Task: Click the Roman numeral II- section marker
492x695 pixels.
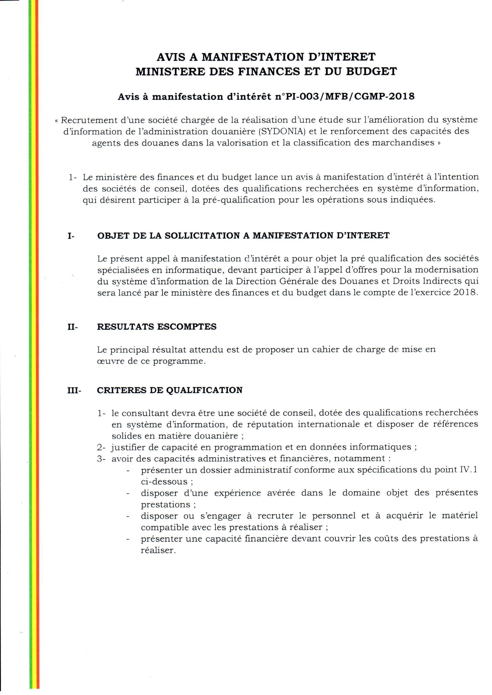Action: (x=72, y=327)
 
